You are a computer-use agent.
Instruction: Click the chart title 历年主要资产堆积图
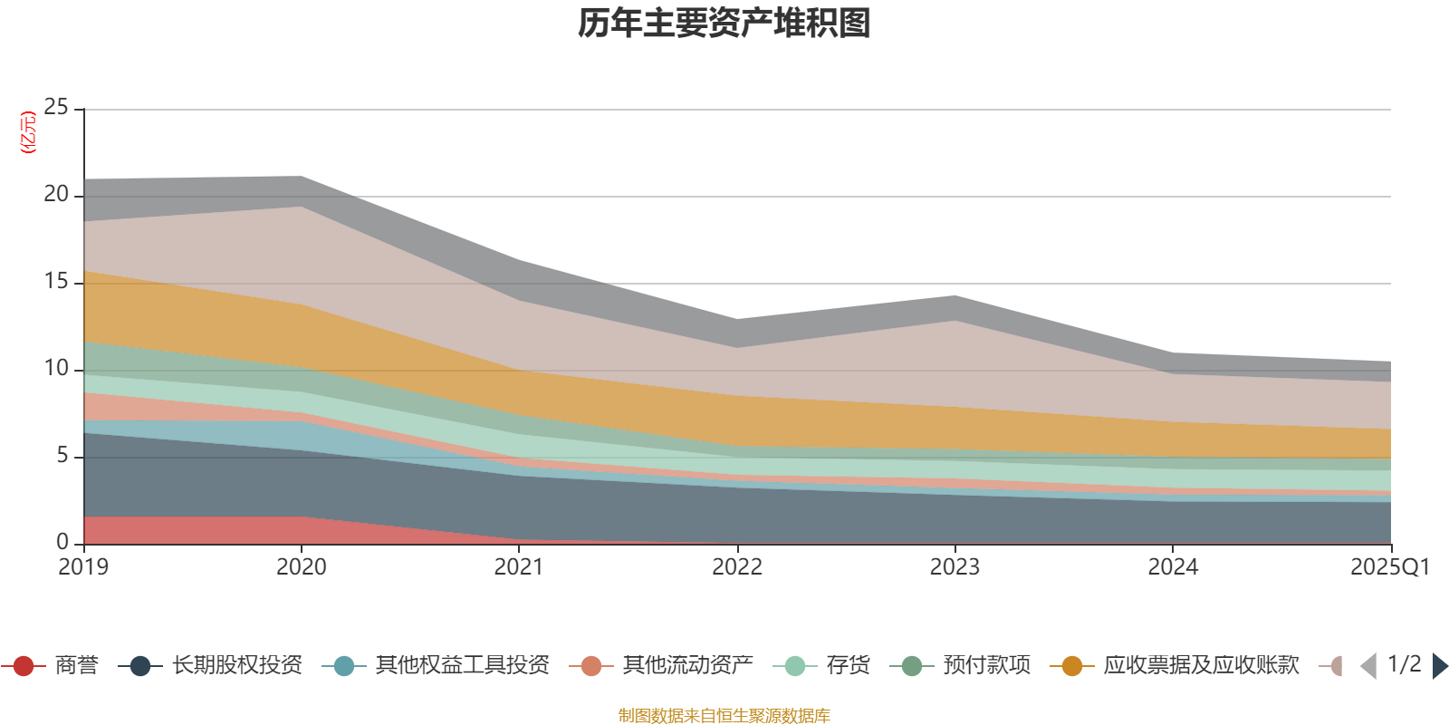coord(724,24)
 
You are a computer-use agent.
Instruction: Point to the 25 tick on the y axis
coord(56,108)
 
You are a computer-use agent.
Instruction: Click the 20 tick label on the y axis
coord(56,195)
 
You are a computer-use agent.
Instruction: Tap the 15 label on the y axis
coord(56,282)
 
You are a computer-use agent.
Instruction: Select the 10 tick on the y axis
coord(56,369)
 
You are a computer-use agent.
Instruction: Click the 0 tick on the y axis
coord(62,542)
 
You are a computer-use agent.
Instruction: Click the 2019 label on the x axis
coord(83,567)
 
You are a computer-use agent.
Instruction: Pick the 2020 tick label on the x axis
coord(302,567)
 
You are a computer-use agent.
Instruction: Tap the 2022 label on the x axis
coord(737,567)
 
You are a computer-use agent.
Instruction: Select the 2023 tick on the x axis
coord(955,567)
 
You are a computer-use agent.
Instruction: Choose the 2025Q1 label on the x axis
coord(1389,567)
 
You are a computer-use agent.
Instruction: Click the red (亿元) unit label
coord(29,132)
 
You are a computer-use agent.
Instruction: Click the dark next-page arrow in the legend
coord(1439,666)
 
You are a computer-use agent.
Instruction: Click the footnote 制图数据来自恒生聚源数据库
coord(724,716)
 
